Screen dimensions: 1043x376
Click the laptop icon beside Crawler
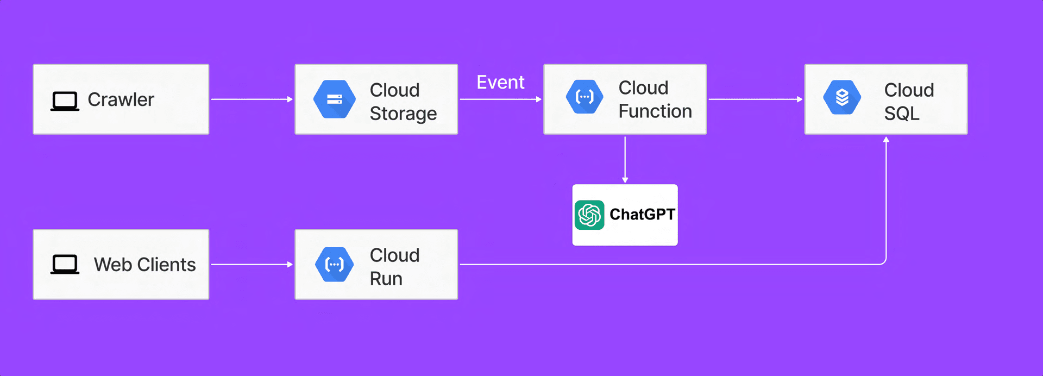coord(65,101)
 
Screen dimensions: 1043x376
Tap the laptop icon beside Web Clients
coord(65,265)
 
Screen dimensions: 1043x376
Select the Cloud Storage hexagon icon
coord(335,99)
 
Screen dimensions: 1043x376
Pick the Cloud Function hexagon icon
coord(585,97)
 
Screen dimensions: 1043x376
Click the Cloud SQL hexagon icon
coord(842,97)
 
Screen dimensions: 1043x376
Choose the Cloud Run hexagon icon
coord(335,265)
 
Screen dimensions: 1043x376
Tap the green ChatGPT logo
coord(589,215)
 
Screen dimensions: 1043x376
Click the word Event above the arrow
coord(500,82)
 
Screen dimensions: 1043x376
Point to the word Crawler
coord(121,99)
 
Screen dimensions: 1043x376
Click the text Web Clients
coord(144,265)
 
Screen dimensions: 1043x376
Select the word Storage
coord(403,114)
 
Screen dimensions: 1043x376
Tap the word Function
coord(655,111)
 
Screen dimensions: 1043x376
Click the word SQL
coord(902,114)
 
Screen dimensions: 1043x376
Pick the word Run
coord(386,279)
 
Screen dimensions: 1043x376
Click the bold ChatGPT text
coord(642,214)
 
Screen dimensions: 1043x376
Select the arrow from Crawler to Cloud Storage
coord(252,99)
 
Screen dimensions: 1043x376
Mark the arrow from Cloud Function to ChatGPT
coord(625,160)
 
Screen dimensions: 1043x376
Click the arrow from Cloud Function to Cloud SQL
coord(756,99)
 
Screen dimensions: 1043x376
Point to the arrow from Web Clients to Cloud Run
coord(252,265)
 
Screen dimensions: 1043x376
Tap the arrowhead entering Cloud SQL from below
coord(886,140)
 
